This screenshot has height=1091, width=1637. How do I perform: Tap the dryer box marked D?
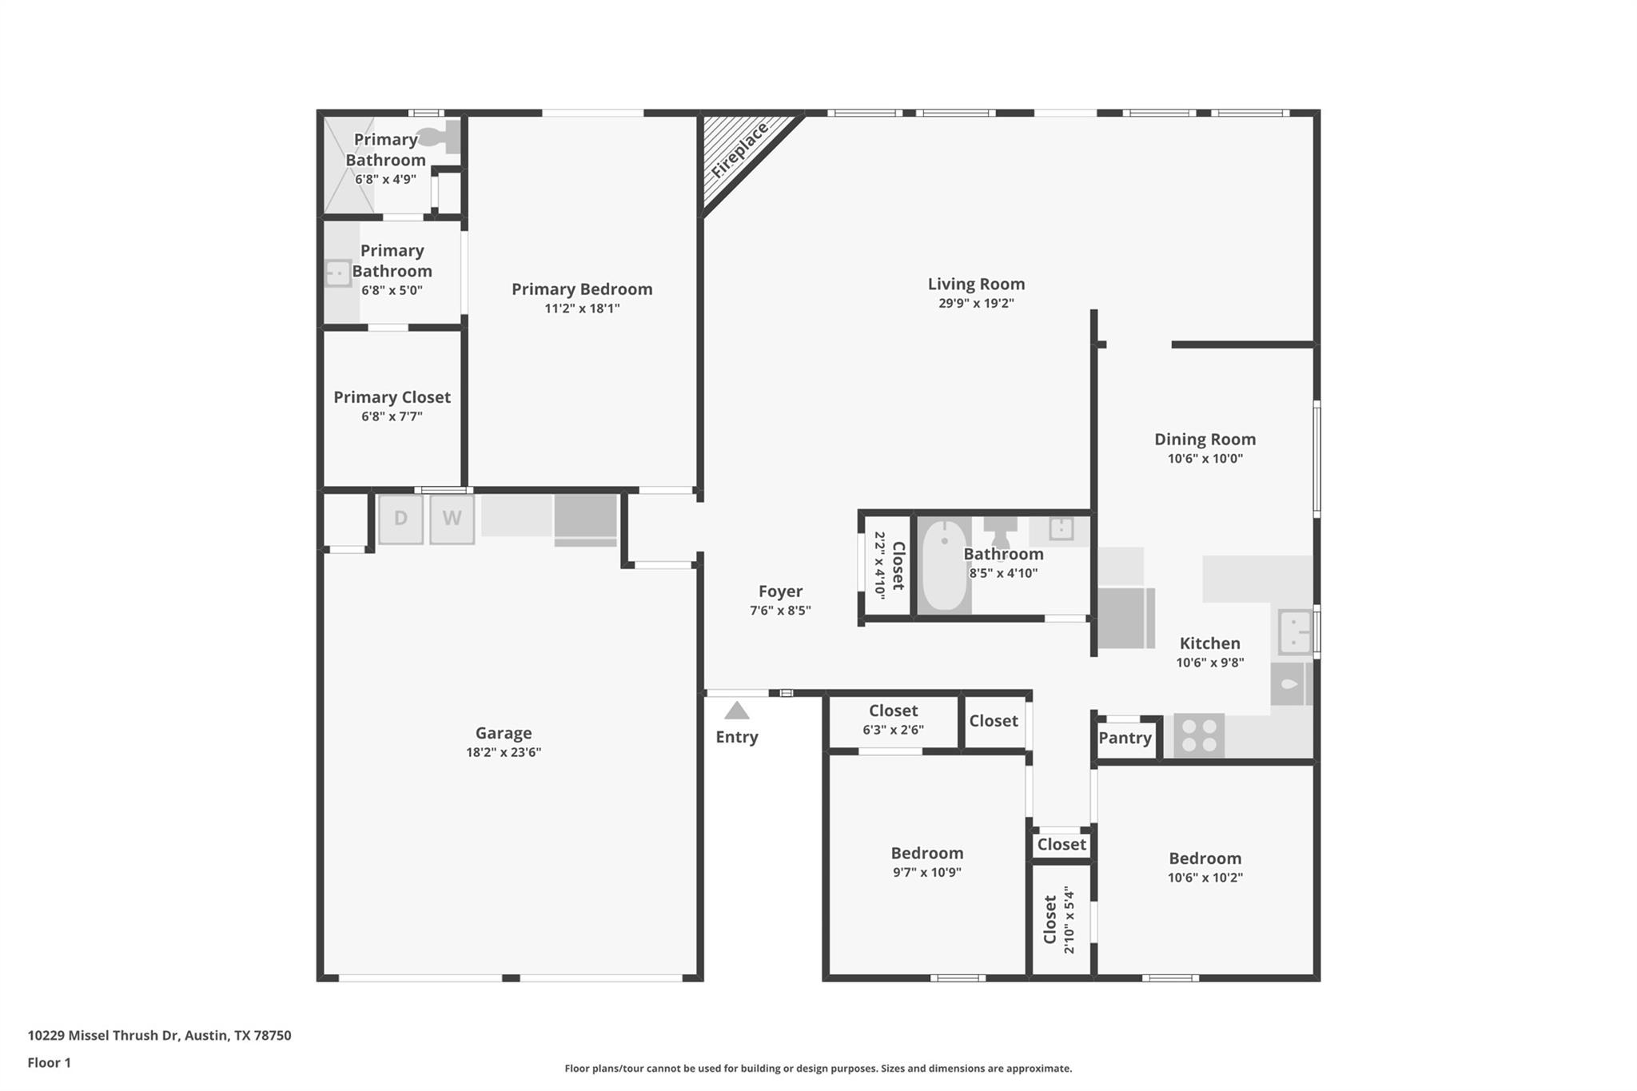tap(400, 519)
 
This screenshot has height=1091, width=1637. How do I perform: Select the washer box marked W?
tap(452, 519)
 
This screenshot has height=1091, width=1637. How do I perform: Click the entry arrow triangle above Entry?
tap(736, 711)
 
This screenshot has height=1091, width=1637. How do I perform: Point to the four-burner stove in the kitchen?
tap(1199, 735)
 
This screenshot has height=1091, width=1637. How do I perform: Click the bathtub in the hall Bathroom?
tap(944, 565)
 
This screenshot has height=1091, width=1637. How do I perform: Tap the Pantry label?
tap(1125, 738)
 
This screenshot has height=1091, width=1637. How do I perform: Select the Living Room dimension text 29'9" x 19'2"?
tap(976, 304)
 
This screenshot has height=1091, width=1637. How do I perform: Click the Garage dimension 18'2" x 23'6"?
tap(504, 752)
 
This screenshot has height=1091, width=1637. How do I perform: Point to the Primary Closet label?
tap(392, 397)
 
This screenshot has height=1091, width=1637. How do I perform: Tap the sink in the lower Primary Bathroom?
tap(338, 273)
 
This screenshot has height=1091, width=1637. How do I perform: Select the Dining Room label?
tap(1205, 439)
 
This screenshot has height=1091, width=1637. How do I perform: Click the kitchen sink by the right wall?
tap(1293, 631)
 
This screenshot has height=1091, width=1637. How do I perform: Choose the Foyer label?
tap(780, 591)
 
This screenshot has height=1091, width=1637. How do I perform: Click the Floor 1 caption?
tap(50, 1062)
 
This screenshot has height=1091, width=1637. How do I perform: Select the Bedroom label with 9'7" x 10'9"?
tap(927, 853)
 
